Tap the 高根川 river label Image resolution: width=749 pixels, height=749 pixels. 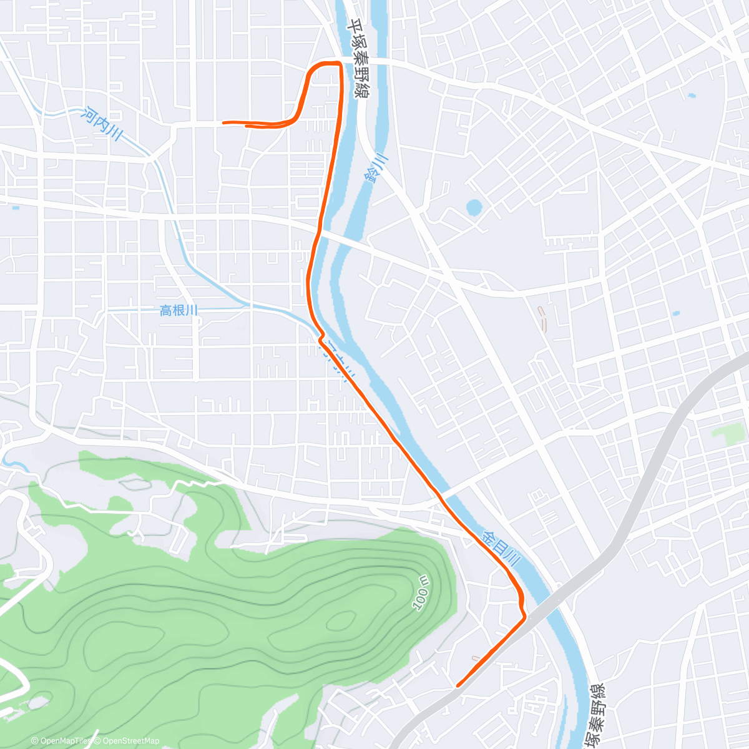click(x=179, y=310)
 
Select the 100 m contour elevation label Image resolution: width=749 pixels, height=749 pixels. click(x=422, y=592)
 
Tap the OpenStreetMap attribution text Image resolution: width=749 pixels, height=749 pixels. click(x=128, y=741)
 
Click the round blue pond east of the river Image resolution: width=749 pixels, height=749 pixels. click(x=474, y=207)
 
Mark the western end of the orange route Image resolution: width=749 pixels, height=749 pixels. click(x=224, y=123)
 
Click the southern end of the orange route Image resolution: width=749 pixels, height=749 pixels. click(x=459, y=685)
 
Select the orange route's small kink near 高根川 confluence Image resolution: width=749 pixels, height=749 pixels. click(x=321, y=338)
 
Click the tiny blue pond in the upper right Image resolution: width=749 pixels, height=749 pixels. click(x=691, y=95)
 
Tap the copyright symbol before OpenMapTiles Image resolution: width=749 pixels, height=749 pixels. click(x=35, y=741)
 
